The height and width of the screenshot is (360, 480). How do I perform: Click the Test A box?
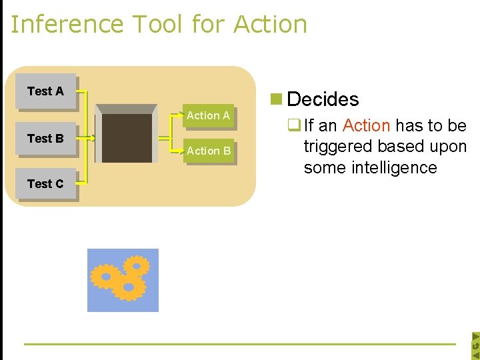coord(45,91)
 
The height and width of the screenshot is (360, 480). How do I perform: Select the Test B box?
coord(45,139)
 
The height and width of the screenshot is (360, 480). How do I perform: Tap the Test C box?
coord(45,183)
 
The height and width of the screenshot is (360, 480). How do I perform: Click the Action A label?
coord(208,115)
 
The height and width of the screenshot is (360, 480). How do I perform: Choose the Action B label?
coord(208,151)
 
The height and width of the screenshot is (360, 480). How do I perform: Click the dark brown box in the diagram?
coord(127,138)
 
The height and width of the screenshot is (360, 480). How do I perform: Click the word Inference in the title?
coord(67,24)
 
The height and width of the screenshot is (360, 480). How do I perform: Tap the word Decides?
coord(323,99)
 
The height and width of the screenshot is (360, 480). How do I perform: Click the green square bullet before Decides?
coord(275,99)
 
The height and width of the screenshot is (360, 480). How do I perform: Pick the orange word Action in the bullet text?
coord(366,125)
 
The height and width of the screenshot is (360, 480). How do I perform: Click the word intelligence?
coord(370,167)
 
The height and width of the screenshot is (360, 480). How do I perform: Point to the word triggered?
coord(340,147)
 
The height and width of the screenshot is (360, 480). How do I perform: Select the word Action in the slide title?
coord(270,24)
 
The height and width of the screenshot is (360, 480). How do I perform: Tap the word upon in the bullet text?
coord(446,147)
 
